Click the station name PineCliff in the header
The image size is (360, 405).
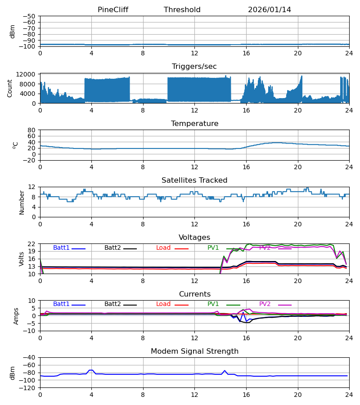coord(113,10)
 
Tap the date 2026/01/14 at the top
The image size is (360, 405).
coord(270,10)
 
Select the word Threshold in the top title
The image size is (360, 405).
coord(182,10)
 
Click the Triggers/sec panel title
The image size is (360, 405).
coord(194,67)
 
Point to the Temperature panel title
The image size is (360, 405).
coord(194,124)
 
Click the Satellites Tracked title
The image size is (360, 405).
coord(194,180)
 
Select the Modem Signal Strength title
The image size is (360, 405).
coord(194,351)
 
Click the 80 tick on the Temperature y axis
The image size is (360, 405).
coord(31,130)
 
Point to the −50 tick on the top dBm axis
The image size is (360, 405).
coord(29,16)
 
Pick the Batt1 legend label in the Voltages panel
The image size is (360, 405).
coord(62,248)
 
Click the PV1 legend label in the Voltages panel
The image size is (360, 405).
coord(213,248)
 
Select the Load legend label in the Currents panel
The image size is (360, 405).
coord(163,304)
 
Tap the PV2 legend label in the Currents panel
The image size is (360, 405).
coord(265,304)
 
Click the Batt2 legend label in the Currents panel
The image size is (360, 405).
coord(113,304)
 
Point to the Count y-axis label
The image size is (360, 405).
coord(10,88)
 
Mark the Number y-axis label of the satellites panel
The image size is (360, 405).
coord(22,202)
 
